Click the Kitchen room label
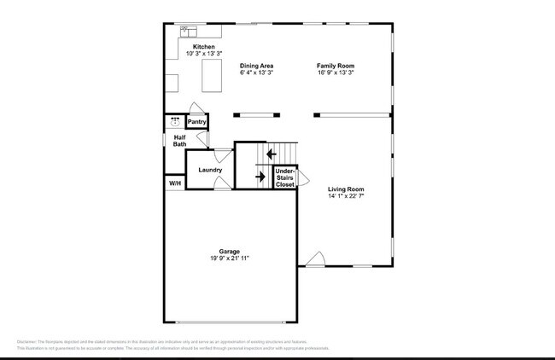pyautogui.click(x=203, y=46)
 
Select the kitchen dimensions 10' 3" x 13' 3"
pyautogui.click(x=203, y=54)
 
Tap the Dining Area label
pyautogui.click(x=256, y=66)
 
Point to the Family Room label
pyautogui.click(x=335, y=66)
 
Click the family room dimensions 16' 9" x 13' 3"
pyautogui.click(x=335, y=73)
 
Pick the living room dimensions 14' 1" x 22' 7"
pyautogui.click(x=346, y=196)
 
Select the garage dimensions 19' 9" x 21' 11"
pyautogui.click(x=229, y=258)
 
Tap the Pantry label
pyautogui.click(x=196, y=122)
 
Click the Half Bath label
pyautogui.click(x=180, y=141)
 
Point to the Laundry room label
pyautogui.click(x=210, y=170)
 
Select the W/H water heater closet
pyautogui.click(x=175, y=183)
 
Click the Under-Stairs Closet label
pyautogui.click(x=284, y=177)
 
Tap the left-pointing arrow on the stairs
pyautogui.click(x=271, y=154)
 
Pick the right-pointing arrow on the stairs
pyautogui.click(x=260, y=177)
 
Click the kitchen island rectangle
pyautogui.click(x=210, y=76)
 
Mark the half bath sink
pyautogui.click(x=175, y=121)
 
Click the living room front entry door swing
pyautogui.click(x=313, y=259)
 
